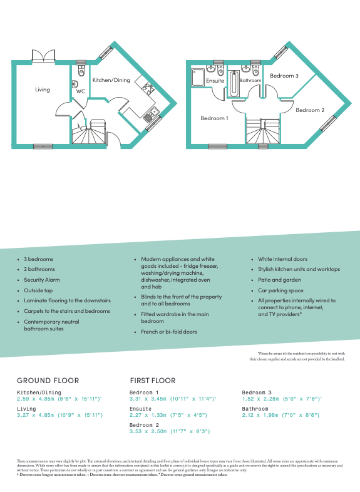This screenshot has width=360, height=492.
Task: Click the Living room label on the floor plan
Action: pos(42,90)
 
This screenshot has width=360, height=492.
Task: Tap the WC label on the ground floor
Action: pos(80,91)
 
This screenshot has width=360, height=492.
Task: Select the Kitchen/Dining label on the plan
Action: pos(111,80)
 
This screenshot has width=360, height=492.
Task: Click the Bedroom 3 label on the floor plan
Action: pos(284,76)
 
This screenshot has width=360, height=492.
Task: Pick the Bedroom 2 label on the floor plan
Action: pos(310,110)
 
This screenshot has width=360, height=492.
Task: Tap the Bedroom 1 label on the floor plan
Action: pos(214,118)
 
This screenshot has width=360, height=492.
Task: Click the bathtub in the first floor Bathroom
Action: pos(234,85)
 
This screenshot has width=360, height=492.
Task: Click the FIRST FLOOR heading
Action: pos(153,380)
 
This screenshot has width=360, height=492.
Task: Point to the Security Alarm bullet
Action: pos(42,280)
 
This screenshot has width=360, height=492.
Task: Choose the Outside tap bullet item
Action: pos(39,290)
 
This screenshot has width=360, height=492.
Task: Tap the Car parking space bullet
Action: pos(280,290)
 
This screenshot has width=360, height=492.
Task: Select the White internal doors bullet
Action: pos(284,259)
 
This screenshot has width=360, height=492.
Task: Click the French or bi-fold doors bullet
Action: pos(169,332)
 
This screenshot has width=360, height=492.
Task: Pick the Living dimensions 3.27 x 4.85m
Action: pos(59,415)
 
